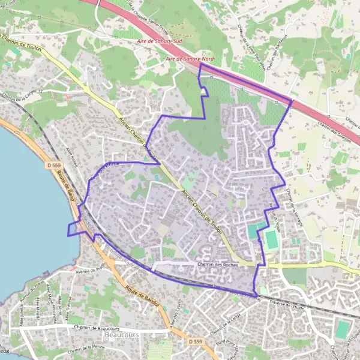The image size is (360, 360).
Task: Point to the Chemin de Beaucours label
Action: click(97, 328)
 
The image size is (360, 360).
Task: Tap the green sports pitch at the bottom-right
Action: click(342, 329)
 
